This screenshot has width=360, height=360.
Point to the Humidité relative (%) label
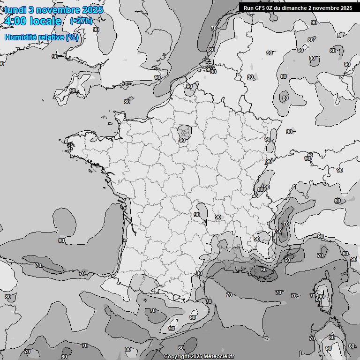pos(42,37)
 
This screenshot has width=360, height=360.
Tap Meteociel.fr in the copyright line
pos(218,356)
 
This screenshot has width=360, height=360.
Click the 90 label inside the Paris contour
pos(182,140)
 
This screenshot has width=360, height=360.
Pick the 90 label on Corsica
pos(321,297)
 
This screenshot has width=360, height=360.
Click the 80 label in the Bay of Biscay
pos(61,240)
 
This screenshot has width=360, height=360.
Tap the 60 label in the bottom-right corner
pos(352,346)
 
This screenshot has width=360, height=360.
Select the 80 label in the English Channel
pos(127,101)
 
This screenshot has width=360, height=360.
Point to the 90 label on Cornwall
pos(73,90)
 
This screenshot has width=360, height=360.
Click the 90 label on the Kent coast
pos(157,77)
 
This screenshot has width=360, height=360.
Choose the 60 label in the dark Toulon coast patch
pos(263,270)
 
